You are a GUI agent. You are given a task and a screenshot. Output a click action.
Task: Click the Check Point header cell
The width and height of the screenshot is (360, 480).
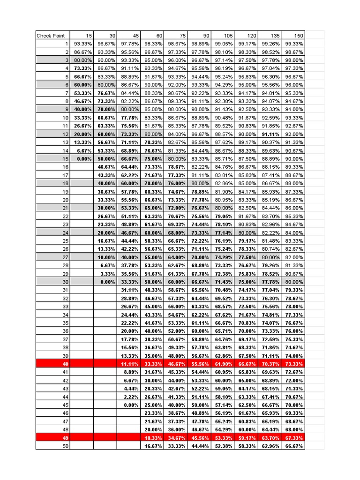(52, 35)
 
